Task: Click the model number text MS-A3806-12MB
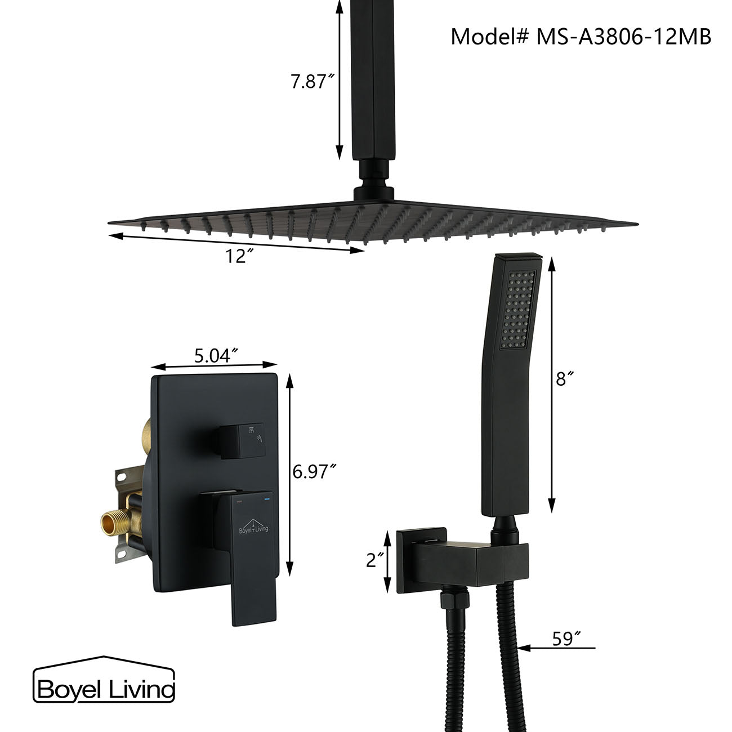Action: (623, 37)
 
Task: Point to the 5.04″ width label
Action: (215, 355)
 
